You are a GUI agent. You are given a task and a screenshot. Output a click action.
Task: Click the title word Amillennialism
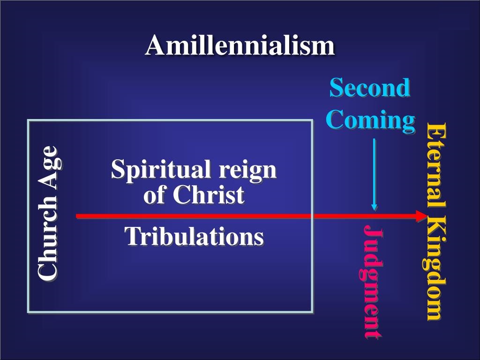coord(240,45)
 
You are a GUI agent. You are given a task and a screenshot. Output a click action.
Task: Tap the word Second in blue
coord(370,88)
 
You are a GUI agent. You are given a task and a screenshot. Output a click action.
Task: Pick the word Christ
coord(209,195)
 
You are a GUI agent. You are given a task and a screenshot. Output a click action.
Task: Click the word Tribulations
coord(195,236)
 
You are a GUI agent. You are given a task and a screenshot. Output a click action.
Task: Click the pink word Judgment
coord(371,282)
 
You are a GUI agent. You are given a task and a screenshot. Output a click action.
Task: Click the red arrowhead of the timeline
coord(421,216)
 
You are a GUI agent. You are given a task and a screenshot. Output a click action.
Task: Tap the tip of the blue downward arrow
coord(374,210)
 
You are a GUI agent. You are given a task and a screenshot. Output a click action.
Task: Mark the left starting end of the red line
coord(76,217)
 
